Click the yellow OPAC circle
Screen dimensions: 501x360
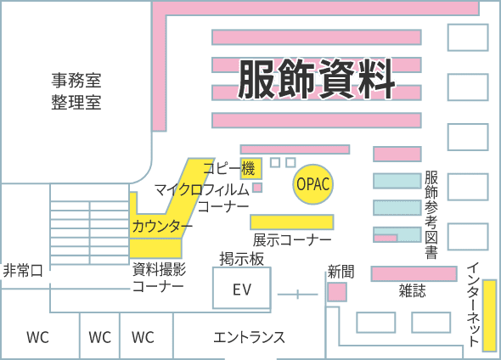[x=312, y=184]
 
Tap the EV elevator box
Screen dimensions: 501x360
[x=242, y=288]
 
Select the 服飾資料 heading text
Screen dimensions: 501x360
[x=317, y=79]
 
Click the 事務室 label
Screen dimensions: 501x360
[x=76, y=80]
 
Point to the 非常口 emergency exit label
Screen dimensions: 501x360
[x=23, y=271]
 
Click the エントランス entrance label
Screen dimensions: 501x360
[x=249, y=337]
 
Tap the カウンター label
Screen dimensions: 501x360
[x=162, y=226]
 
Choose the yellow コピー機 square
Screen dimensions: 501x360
[x=251, y=168]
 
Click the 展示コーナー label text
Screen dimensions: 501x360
[x=292, y=240]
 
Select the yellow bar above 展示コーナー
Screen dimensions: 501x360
[x=292, y=222]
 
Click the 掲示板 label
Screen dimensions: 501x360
[x=241, y=259]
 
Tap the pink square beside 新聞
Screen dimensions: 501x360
[x=337, y=292]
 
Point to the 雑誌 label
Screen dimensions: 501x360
[x=412, y=290]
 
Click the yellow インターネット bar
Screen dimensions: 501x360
[x=489, y=316]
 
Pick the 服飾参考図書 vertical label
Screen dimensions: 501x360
[x=431, y=215]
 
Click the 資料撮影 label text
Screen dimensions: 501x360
[x=159, y=270]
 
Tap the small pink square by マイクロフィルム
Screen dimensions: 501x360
[x=257, y=188]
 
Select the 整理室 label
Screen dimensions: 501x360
[x=76, y=102]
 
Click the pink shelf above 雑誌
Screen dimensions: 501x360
[x=414, y=273]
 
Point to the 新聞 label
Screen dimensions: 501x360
[x=341, y=272]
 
